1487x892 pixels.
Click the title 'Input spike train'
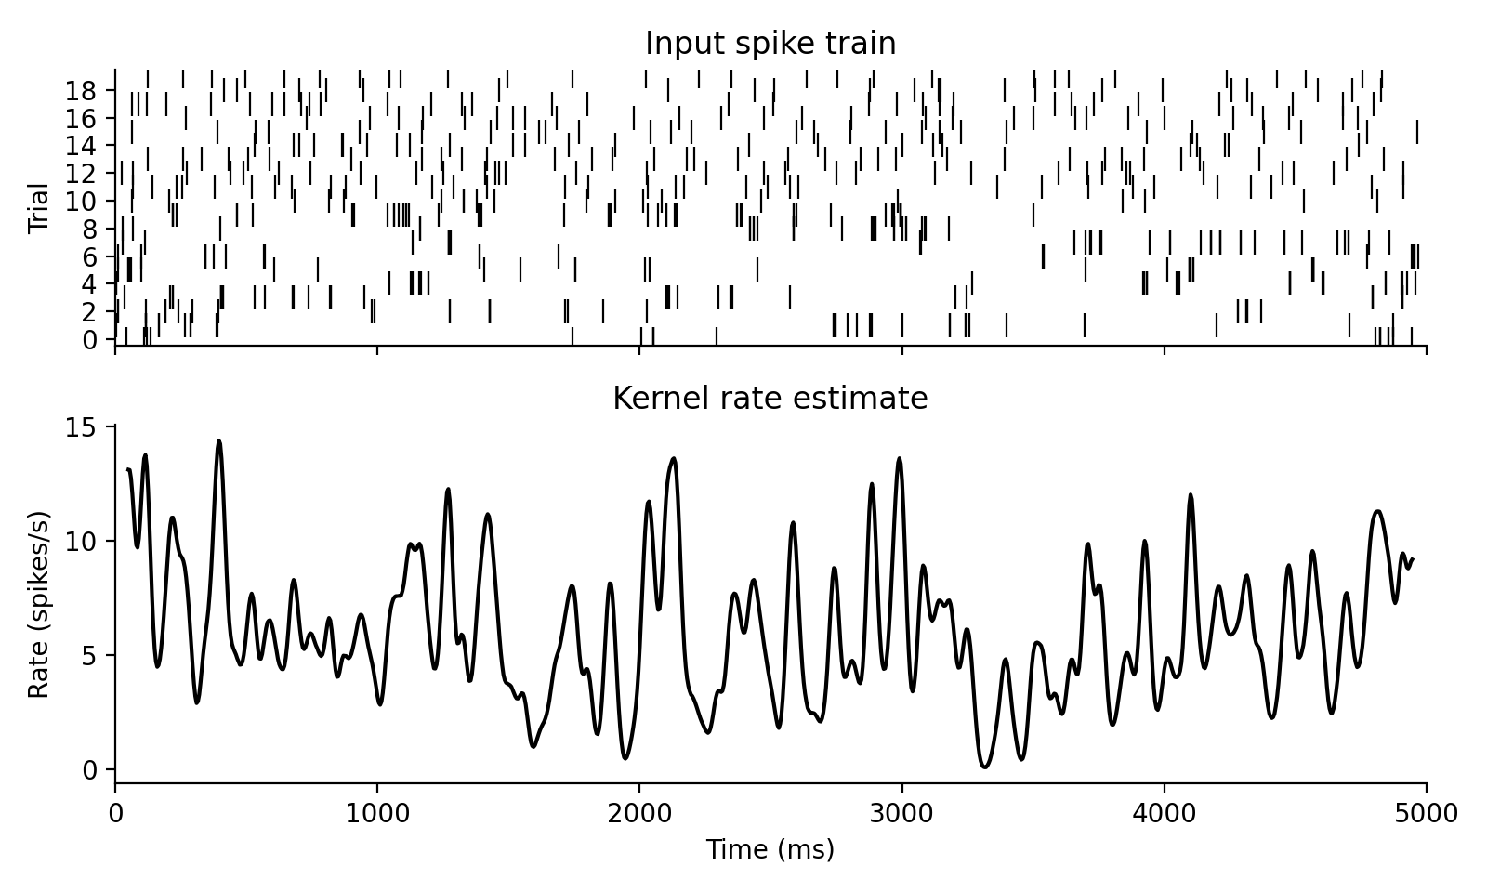[770, 44]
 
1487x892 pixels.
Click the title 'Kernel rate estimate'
[770, 399]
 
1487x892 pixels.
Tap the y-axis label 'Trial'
[38, 208]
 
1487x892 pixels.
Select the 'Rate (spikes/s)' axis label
[38, 604]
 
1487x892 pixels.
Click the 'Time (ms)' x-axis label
[770, 849]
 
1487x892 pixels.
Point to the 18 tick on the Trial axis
[82, 90]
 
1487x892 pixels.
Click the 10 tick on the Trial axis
[82, 201]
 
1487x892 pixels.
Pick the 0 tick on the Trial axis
[89, 340]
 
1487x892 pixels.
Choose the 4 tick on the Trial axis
[89, 284]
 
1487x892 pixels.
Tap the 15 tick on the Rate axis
[82, 426]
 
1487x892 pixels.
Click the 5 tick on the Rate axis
[89, 655]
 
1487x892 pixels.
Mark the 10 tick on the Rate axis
[82, 541]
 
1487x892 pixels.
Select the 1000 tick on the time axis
[377, 815]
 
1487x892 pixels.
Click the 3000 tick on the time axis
[901, 815]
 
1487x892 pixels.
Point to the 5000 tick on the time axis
[1426, 815]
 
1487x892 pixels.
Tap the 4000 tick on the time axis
[1164, 815]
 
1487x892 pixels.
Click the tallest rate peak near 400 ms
[219, 441]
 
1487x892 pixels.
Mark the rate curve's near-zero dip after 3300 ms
[985, 767]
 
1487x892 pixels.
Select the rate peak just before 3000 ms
[899, 458]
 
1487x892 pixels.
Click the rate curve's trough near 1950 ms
[625, 758]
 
